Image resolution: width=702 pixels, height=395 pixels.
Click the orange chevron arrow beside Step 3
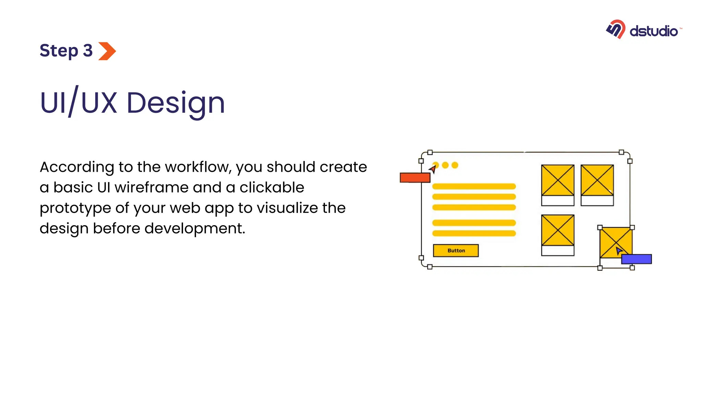107,51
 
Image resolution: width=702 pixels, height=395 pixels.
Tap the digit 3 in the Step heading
88,51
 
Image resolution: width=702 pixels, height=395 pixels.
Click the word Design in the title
175,103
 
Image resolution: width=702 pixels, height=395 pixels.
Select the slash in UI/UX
73,101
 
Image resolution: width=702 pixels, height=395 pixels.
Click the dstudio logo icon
616,29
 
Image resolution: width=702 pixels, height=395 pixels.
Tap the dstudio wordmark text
653,31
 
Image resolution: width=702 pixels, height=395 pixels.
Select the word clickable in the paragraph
271,188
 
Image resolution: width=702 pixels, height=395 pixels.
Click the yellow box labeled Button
456,251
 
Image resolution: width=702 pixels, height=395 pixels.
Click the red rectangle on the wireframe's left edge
415,178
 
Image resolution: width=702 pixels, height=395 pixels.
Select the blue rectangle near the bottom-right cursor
636,259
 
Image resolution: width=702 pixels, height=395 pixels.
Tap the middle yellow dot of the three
445,165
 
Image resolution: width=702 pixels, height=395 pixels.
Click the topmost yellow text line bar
474,187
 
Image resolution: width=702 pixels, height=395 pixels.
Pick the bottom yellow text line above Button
474,234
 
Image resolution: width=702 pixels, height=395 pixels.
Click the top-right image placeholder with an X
597,180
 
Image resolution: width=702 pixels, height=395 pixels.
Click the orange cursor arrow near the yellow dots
433,169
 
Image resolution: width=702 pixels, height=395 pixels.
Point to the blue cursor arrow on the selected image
618,251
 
